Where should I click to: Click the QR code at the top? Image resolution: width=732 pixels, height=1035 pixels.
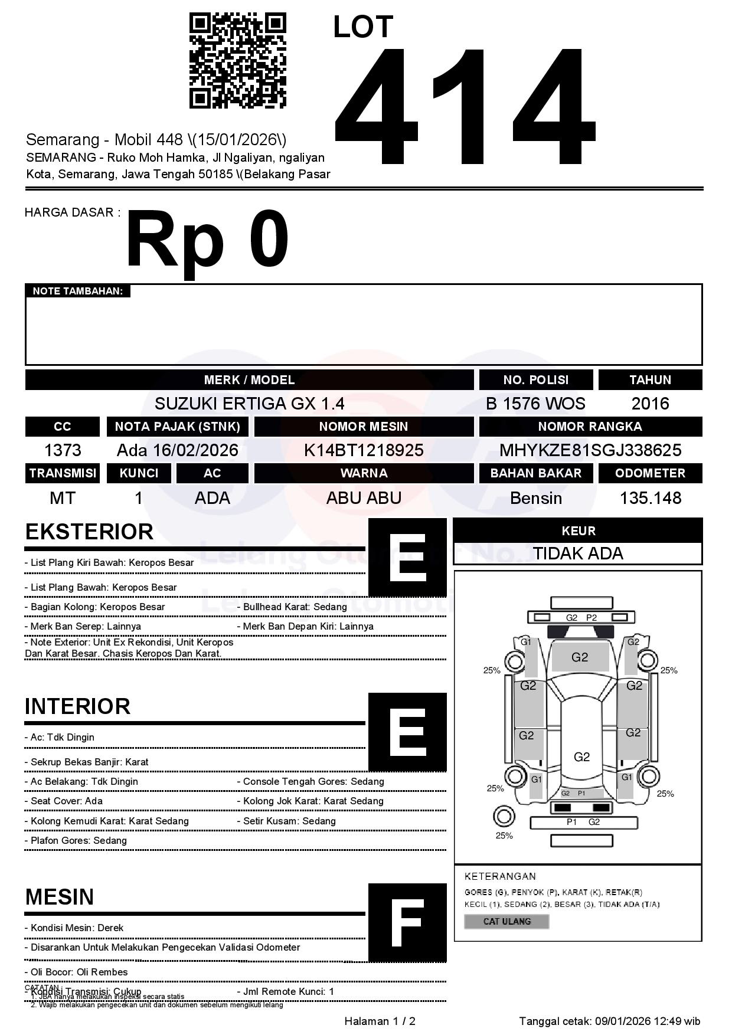[237, 61]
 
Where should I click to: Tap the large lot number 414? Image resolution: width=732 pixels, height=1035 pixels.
[465, 106]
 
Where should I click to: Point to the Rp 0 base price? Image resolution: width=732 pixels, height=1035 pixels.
[207, 240]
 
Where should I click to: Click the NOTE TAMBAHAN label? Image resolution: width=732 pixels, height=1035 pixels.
[77, 291]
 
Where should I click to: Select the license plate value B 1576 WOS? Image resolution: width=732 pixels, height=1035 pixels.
[535, 404]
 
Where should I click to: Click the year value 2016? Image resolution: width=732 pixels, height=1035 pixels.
[650, 404]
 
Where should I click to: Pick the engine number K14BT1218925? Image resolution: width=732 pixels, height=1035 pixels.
[364, 450]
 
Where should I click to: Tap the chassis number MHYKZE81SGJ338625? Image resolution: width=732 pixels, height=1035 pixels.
[590, 450]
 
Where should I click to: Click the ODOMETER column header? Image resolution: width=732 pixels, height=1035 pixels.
[650, 473]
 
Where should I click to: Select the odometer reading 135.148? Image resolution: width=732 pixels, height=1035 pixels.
[650, 498]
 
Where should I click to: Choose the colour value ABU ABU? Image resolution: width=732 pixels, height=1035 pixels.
[364, 498]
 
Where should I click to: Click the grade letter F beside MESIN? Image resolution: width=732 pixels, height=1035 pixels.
[407, 923]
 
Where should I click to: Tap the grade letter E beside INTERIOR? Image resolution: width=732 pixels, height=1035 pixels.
[407, 732]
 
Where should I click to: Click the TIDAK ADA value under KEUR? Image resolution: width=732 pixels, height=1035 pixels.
[578, 553]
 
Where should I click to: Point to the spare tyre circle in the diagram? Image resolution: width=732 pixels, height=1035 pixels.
[504, 817]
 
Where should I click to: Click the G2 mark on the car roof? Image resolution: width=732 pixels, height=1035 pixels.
[581, 756]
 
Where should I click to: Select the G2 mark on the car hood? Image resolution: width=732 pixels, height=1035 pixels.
[580, 657]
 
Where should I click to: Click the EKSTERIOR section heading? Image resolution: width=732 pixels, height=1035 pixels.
[89, 532]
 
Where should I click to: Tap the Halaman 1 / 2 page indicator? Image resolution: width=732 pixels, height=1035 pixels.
[380, 1021]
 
